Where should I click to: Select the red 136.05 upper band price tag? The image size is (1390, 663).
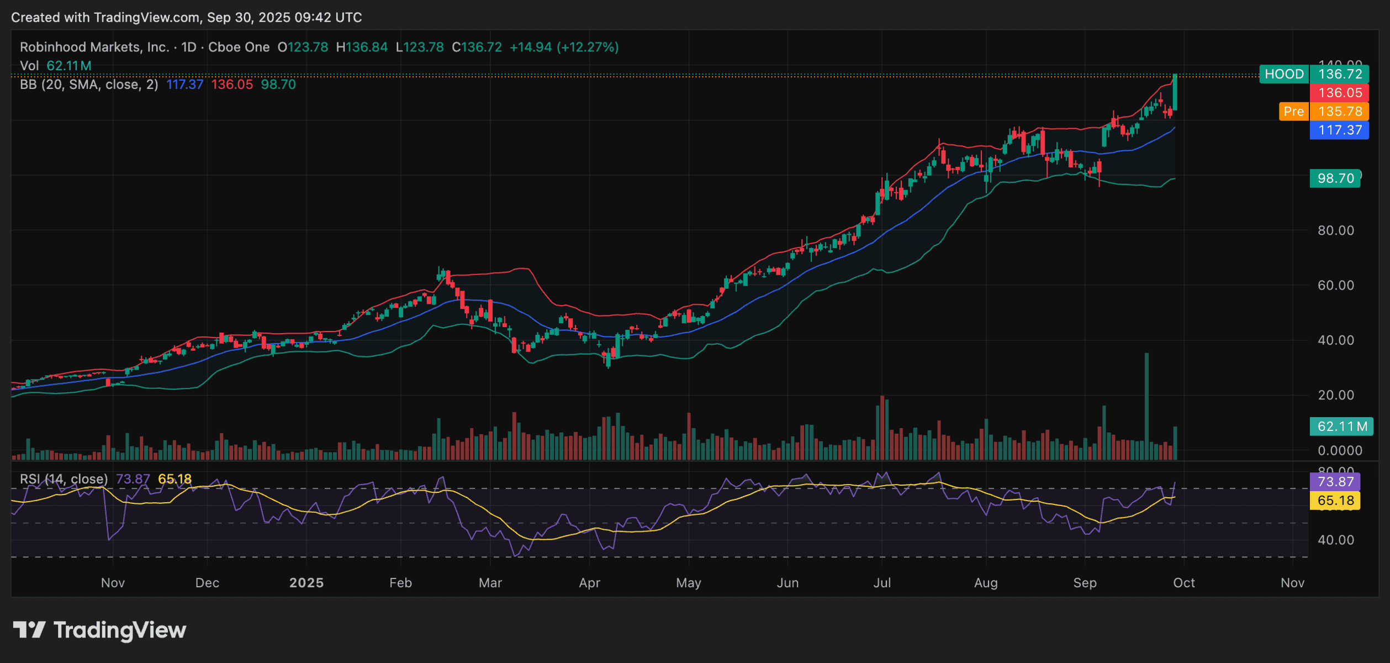1339,93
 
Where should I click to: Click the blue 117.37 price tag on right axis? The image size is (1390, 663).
1339,130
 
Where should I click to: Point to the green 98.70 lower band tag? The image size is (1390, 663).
1335,178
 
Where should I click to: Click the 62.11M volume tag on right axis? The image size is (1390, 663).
1341,427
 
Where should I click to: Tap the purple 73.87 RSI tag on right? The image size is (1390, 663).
1335,482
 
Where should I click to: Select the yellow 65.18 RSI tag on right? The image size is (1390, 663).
1335,501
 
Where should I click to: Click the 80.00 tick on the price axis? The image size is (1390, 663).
1335,230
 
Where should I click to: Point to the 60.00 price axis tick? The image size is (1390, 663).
1335,286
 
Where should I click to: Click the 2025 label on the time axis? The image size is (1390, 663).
306,583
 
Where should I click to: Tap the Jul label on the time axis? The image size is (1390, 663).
882,583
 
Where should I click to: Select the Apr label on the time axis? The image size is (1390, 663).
589,583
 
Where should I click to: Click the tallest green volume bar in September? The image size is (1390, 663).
1146,406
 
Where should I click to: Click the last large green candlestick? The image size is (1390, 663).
1175,92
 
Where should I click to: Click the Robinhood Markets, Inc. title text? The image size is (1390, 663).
94,48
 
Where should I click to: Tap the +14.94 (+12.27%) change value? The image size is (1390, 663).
563,48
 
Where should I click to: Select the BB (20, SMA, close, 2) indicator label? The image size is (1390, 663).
89,85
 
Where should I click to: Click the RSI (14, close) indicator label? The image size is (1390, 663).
64,479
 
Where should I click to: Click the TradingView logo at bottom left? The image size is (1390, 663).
100,630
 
